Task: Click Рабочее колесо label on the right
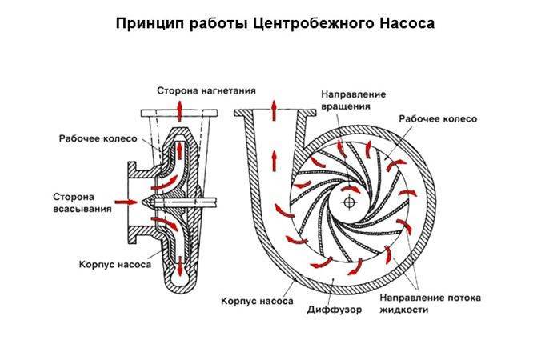point(437,118)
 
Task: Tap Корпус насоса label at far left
point(111,262)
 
